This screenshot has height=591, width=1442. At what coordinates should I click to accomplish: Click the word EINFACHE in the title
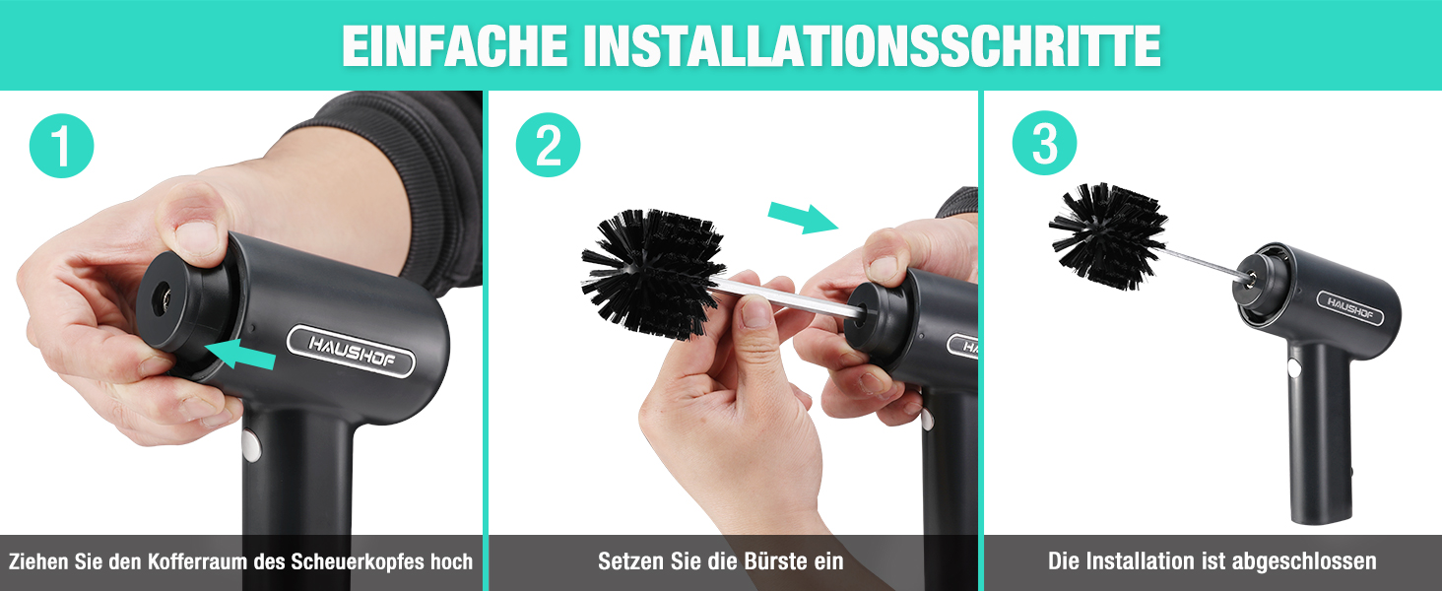[454, 45]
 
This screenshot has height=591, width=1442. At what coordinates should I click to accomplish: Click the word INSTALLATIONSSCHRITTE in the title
[873, 45]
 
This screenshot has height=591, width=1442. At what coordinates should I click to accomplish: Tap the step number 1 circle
[62, 146]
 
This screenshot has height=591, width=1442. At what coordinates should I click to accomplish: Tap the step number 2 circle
[548, 145]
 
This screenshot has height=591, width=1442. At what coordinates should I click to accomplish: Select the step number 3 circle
[1044, 143]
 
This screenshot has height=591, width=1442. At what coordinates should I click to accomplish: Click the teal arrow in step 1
[240, 354]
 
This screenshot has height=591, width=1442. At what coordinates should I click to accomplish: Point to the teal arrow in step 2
[804, 217]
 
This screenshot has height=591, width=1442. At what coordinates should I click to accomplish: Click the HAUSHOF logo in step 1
[351, 351]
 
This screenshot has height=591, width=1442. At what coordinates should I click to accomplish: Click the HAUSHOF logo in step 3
[1350, 308]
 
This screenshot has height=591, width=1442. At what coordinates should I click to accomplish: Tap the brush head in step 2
[652, 273]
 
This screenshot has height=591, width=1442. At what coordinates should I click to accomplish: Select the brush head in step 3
[1108, 235]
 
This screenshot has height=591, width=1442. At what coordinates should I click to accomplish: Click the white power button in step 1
[251, 445]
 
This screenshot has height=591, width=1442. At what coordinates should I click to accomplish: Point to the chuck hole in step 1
[160, 299]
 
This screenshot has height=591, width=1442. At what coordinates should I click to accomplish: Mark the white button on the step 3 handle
[1293, 369]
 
